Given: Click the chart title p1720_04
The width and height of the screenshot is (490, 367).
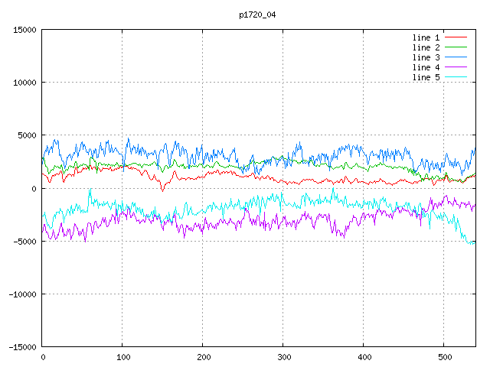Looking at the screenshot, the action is pos(257,15).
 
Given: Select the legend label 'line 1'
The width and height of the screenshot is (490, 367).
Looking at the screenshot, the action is pos(426,37).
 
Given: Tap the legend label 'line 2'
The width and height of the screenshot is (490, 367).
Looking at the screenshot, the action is pos(426,47).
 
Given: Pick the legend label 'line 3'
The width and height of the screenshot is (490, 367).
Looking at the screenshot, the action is pos(426,57).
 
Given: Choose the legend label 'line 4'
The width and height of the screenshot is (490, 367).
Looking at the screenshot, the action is pos(426,67).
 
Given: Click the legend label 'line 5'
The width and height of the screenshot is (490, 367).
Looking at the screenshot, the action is pos(426,77).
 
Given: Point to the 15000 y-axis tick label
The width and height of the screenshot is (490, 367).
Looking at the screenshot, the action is pos(24,30).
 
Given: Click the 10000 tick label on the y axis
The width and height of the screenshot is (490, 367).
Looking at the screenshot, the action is pos(24,83).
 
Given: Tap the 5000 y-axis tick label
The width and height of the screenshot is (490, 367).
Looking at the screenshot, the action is pos(28,135).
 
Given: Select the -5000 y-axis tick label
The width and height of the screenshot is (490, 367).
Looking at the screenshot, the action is pos(24,242).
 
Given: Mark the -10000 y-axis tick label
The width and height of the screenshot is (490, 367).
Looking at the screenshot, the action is pos(23,294).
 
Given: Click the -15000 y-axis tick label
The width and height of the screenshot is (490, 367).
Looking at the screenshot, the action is pos(23,347).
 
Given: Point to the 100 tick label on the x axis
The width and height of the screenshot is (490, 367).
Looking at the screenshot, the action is pos(123,357).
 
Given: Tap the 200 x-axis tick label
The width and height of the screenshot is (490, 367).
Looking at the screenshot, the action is pos(204,357).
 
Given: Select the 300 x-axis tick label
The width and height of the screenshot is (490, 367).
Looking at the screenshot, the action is pos(284,357).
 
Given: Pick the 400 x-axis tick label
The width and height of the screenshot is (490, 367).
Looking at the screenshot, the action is pos(364,357).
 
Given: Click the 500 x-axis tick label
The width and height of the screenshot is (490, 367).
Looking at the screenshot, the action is pos(444,357).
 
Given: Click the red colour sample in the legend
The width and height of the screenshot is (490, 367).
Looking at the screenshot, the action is pos(456,37).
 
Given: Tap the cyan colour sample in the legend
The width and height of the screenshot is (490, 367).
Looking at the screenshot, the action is pos(456,76).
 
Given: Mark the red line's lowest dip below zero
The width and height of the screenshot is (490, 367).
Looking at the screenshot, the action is pos(162,191).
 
